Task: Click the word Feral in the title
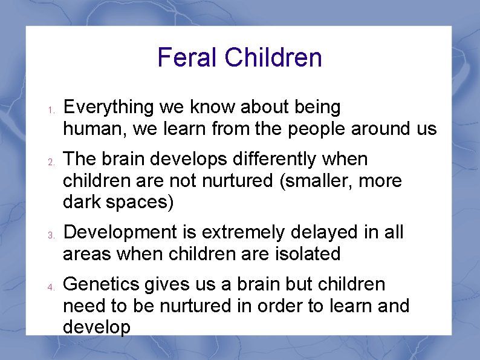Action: [x=187, y=58]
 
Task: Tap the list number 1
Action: [x=52, y=111]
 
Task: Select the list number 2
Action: [x=52, y=163]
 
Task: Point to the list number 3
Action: [x=52, y=235]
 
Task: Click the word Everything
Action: [x=109, y=108]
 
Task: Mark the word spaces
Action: [x=140, y=203]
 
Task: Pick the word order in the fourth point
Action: [x=280, y=306]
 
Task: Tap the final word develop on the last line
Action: [x=97, y=328]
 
